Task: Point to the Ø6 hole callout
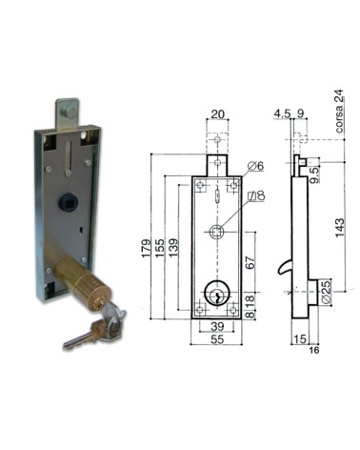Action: point(253,167)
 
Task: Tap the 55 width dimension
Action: point(217,338)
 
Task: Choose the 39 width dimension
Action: point(217,324)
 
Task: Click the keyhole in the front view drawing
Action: point(217,297)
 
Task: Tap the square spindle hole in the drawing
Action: point(217,230)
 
